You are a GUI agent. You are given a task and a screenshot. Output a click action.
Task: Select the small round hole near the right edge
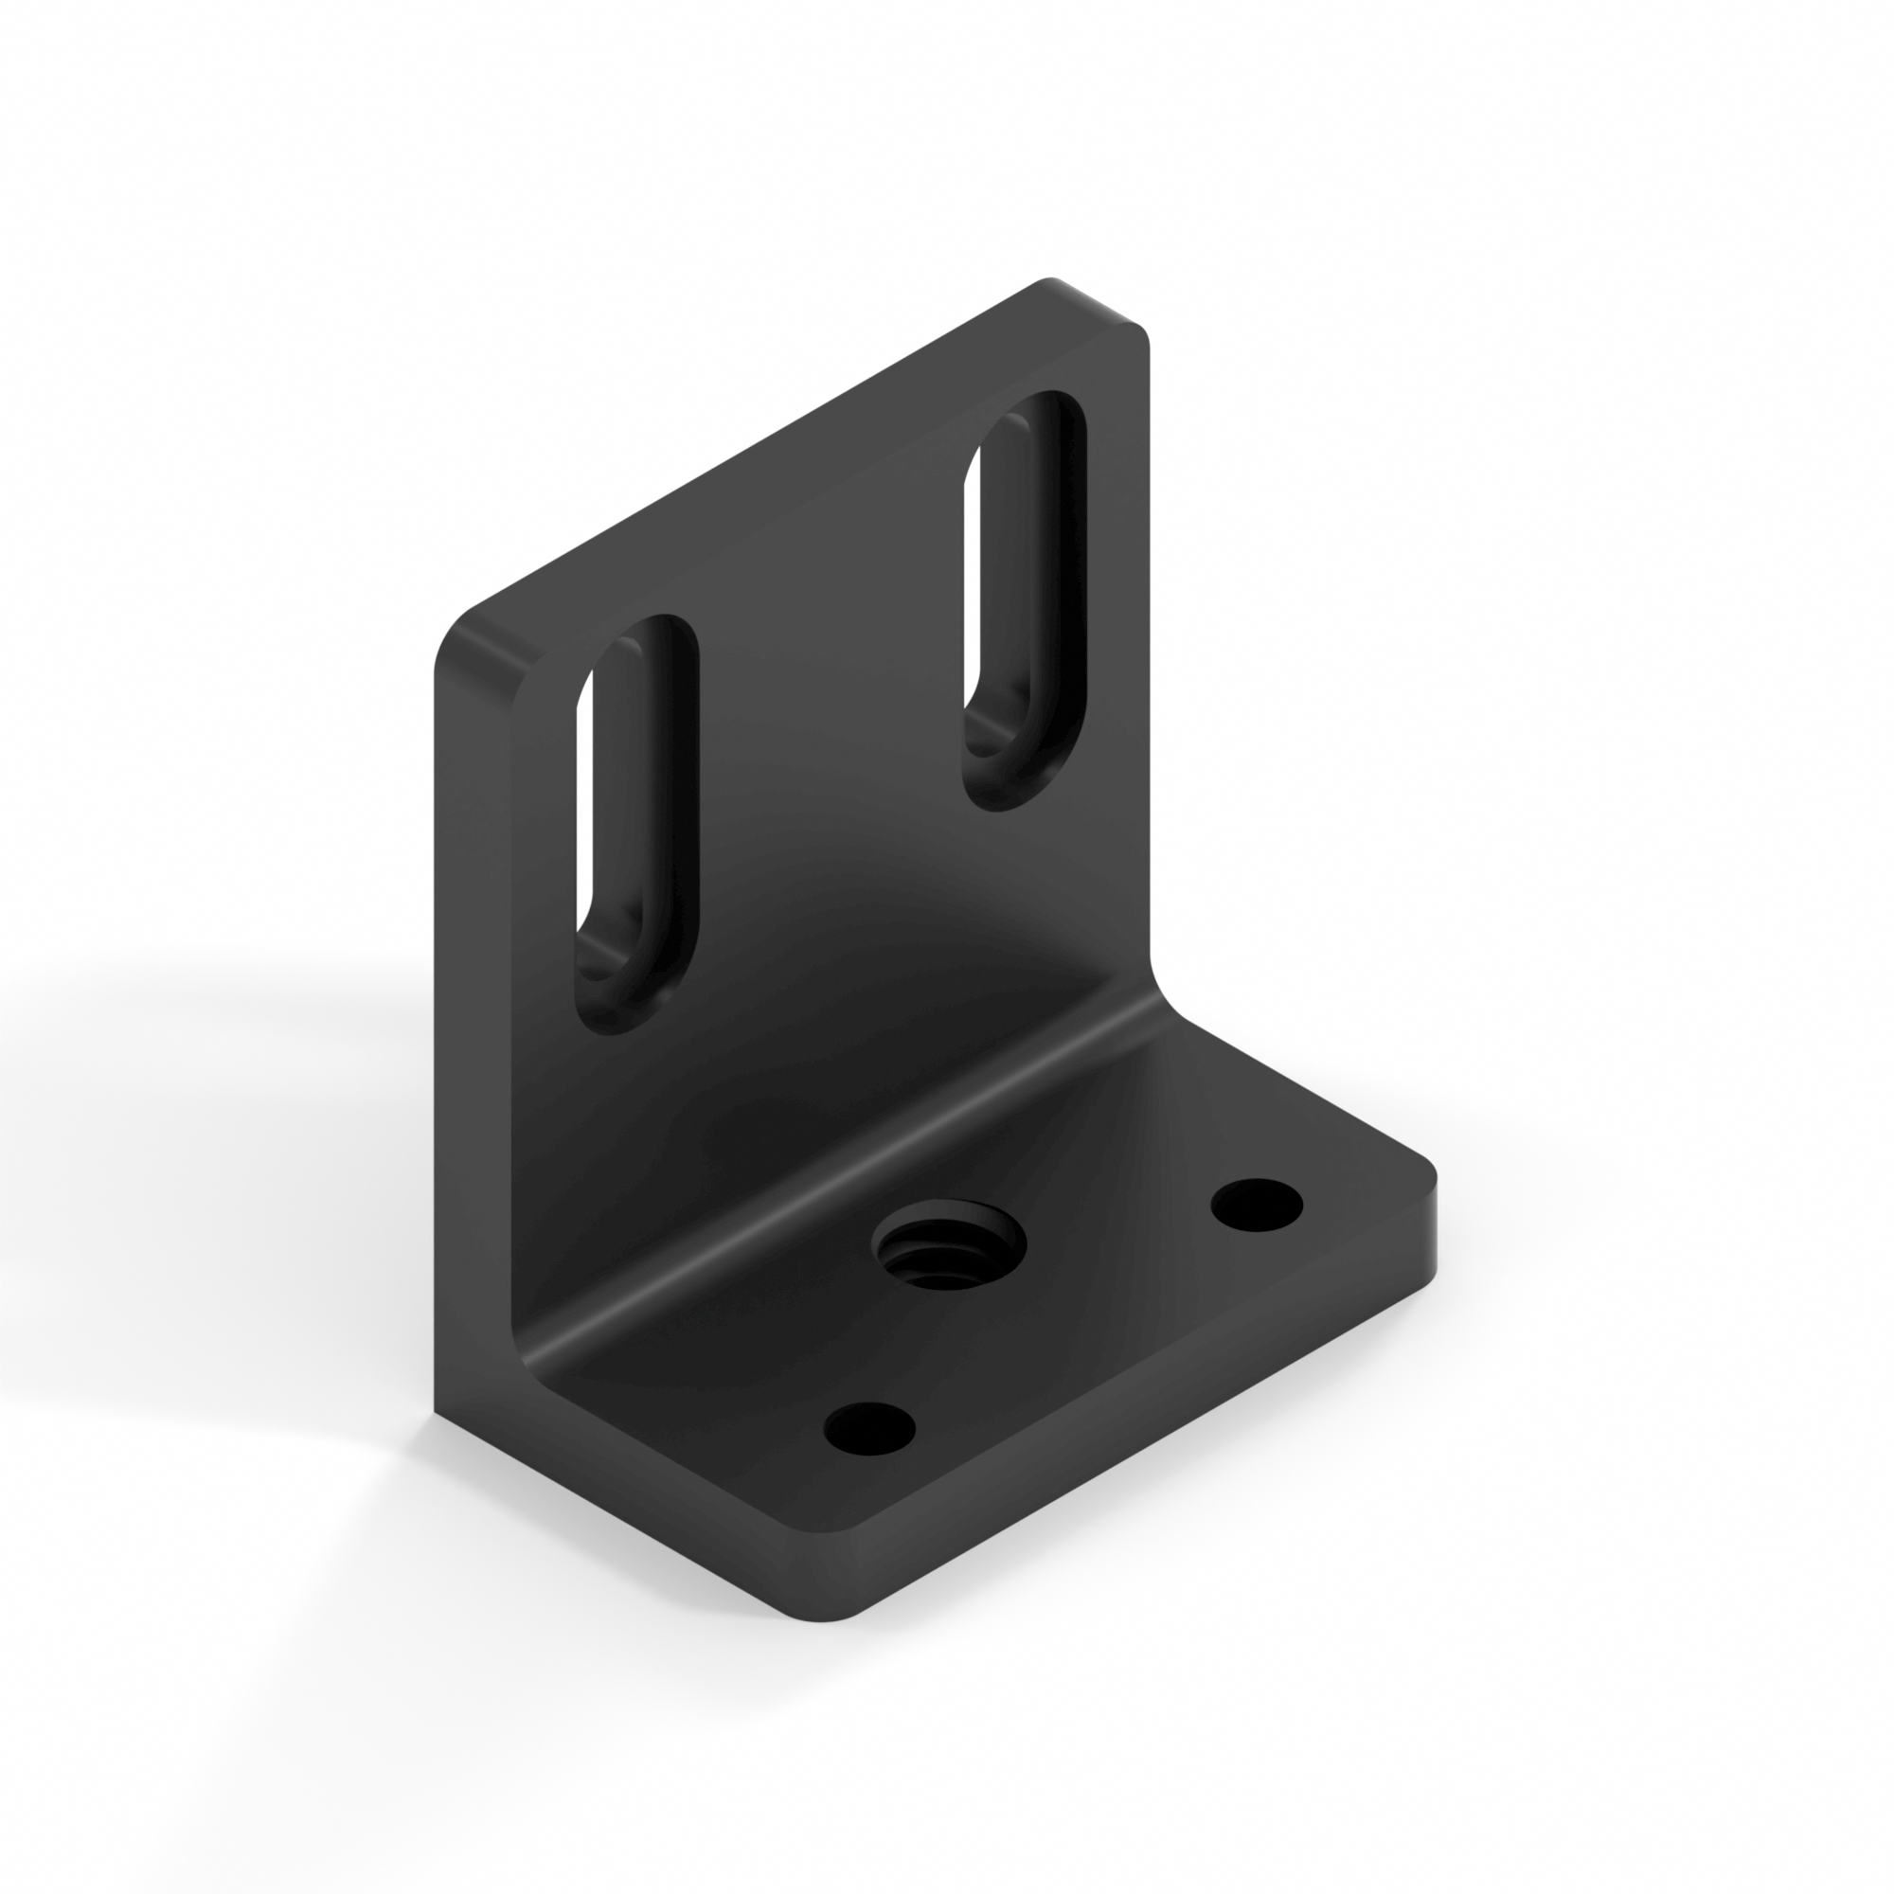[1257, 1204]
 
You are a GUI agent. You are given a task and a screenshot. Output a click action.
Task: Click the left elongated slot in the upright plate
[637, 824]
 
